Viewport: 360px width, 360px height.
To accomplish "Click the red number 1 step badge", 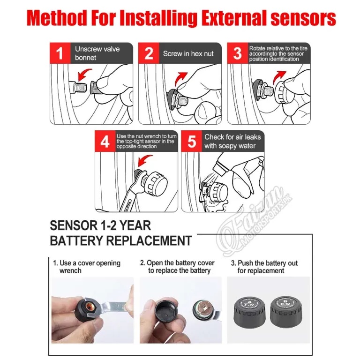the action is (60, 53).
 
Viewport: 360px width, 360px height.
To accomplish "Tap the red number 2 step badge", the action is (149, 53).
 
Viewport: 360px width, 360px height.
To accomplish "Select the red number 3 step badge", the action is (237, 53).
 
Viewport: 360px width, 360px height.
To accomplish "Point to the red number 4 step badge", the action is (105, 141).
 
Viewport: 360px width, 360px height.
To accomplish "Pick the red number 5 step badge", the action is (191, 141).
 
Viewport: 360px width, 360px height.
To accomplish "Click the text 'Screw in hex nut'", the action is (188, 54).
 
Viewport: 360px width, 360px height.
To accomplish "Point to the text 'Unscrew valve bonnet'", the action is (97, 53).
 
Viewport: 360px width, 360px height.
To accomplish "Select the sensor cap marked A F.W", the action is (249, 311).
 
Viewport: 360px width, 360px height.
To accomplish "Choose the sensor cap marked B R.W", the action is (286, 311).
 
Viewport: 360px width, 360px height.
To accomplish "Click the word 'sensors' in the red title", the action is (303, 18).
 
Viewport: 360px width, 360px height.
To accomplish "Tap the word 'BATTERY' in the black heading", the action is (76, 240).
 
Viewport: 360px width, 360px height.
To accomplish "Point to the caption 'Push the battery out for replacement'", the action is (264, 267).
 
